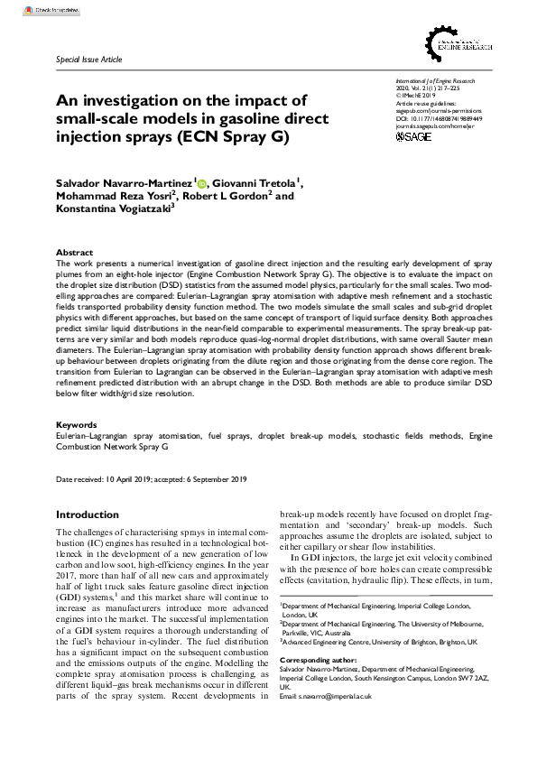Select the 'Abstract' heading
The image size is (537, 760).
(74, 253)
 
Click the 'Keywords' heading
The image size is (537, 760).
(76, 423)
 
